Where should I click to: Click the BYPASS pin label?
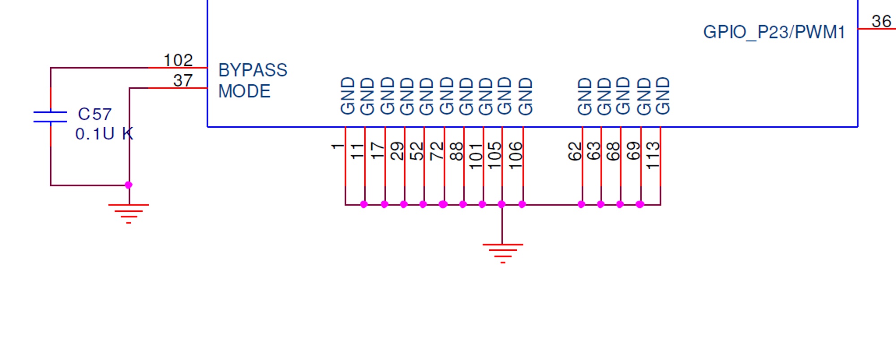(x=253, y=70)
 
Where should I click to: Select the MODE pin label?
(x=244, y=91)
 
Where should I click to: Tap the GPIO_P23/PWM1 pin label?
(x=774, y=32)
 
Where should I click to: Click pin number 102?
(x=178, y=60)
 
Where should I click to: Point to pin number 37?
(x=183, y=81)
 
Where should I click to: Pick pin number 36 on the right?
(x=881, y=21)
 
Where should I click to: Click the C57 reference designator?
(x=95, y=114)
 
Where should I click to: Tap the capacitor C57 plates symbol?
(x=50, y=117)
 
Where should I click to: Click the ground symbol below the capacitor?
(x=129, y=214)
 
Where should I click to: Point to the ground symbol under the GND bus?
(x=503, y=253)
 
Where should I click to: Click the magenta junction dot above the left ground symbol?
(x=129, y=185)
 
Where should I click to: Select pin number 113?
(x=653, y=155)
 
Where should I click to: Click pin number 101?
(x=476, y=156)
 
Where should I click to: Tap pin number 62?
(x=574, y=151)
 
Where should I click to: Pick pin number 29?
(x=397, y=151)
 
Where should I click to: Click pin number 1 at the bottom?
(x=337, y=146)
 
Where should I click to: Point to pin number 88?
(x=456, y=151)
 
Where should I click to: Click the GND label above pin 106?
(x=525, y=96)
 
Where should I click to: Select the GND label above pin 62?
(x=585, y=96)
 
